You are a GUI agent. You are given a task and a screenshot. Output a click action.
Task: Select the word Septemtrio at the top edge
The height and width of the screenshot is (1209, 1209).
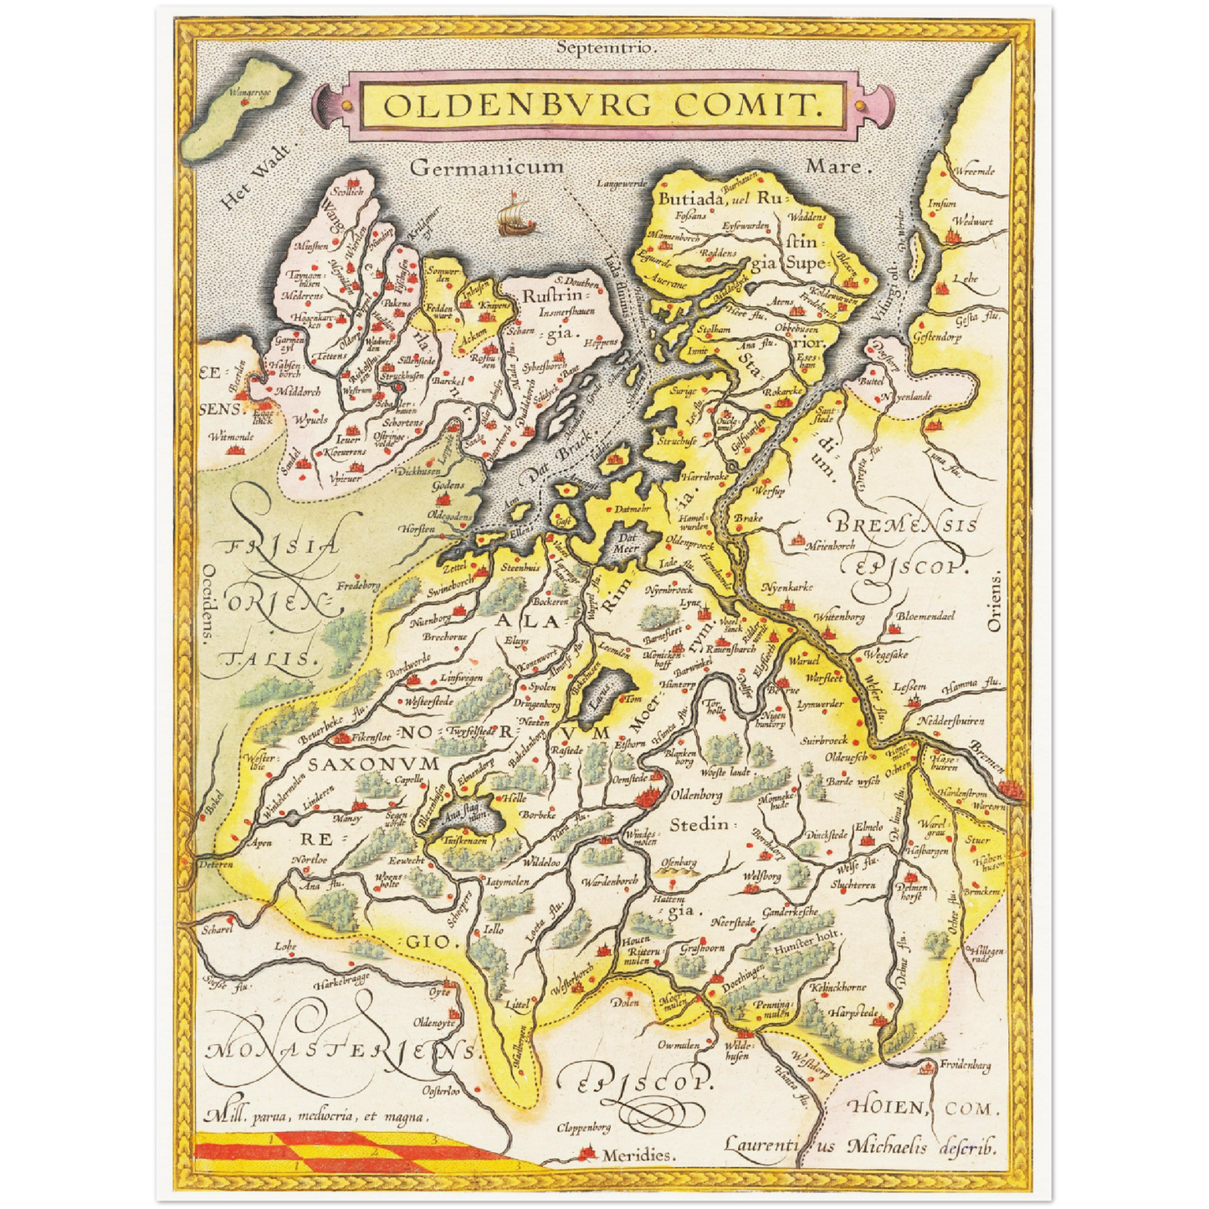[607, 48]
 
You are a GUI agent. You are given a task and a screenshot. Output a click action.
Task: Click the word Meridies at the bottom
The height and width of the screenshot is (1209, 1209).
[638, 1155]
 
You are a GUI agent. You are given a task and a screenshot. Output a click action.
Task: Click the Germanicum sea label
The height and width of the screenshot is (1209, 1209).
[486, 166]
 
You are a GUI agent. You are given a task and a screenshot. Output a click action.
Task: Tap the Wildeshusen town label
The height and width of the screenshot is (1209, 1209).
[737, 1051]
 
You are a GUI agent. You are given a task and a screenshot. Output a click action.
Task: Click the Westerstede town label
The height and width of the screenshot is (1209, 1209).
[428, 701]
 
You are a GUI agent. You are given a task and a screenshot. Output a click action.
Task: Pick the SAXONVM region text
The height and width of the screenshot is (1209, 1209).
[373, 764]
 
